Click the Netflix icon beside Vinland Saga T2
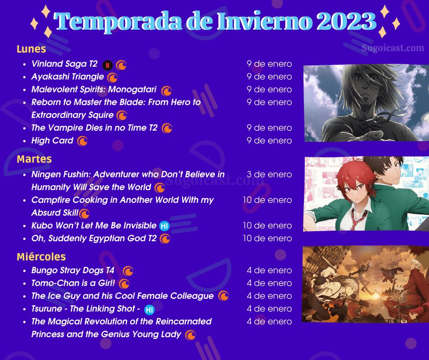coord(108,65)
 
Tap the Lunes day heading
coord(31,49)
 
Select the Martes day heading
coord(34,159)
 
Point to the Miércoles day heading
coord(42,257)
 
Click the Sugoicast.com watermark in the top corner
coord(393,48)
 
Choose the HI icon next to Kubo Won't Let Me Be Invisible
coord(164,226)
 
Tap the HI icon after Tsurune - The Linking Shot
coord(149,310)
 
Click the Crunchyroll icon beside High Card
coord(82,141)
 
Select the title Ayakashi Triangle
coord(68,77)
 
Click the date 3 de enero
coord(269,174)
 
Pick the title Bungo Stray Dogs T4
coord(73,270)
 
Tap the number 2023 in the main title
coord(346,21)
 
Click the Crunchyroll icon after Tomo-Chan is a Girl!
coord(125,284)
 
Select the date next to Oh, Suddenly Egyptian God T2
coord(267,238)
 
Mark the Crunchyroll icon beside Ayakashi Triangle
coord(112,78)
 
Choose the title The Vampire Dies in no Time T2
coord(94,127)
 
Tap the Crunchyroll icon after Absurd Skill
coord(84,214)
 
